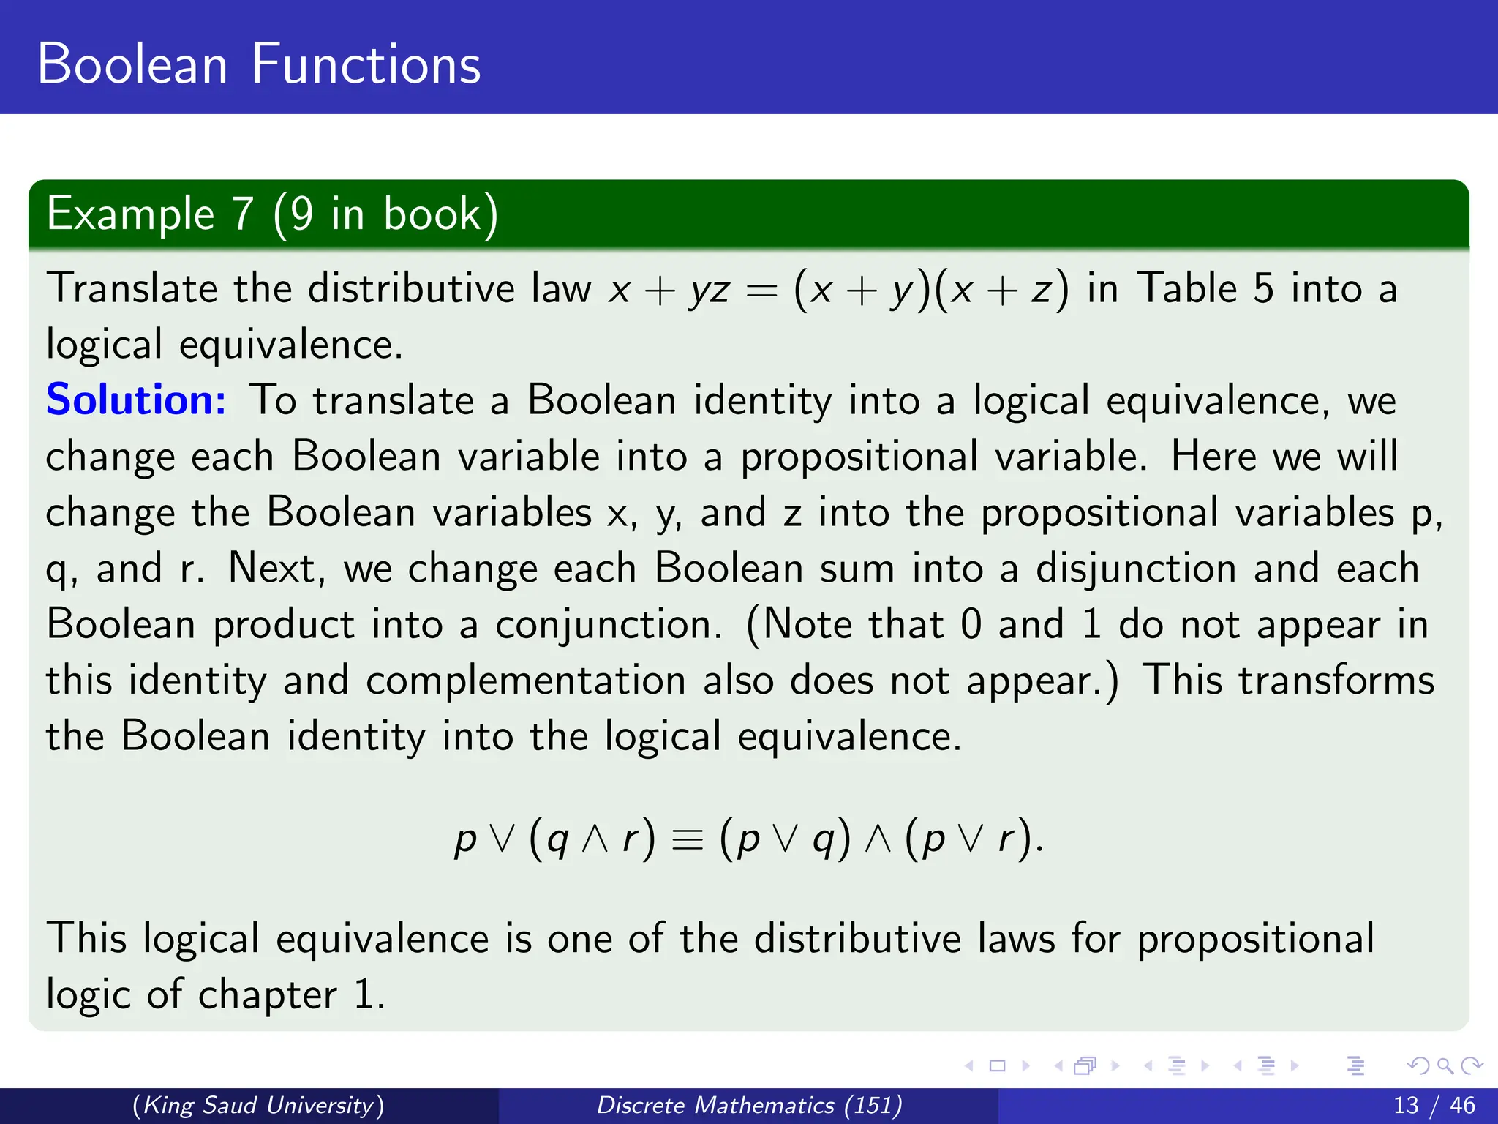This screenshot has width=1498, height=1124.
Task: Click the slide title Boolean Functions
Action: [x=259, y=64]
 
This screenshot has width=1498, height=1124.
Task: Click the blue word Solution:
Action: [x=136, y=400]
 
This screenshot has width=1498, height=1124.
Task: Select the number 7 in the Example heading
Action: [x=242, y=214]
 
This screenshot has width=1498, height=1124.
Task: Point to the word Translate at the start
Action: [x=132, y=288]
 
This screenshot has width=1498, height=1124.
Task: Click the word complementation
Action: [x=525, y=681]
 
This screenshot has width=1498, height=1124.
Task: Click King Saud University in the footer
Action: [x=258, y=1105]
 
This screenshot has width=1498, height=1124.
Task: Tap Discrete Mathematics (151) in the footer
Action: [x=749, y=1105]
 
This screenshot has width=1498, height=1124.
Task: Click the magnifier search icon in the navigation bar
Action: [x=1445, y=1066]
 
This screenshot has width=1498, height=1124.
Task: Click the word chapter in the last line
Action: [x=268, y=995]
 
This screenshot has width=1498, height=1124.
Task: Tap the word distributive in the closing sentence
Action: [x=857, y=939]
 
